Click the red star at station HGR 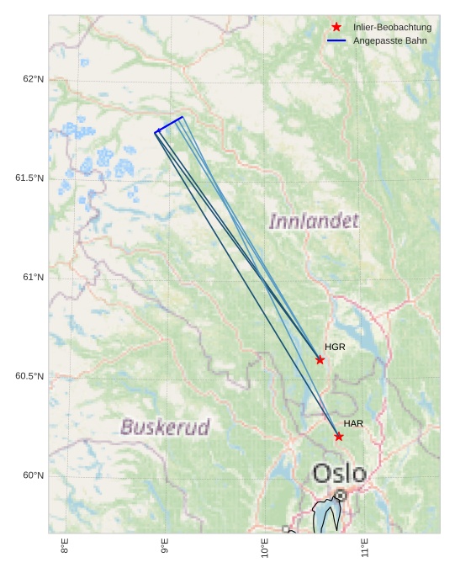[x=320, y=360]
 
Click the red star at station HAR [x=338, y=436]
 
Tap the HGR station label [x=335, y=347]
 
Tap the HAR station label [x=353, y=423]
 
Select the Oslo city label [x=340, y=473]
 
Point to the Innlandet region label [x=314, y=221]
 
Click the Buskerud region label [x=165, y=427]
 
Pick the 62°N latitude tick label [x=33, y=79]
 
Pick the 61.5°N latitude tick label [x=29, y=178]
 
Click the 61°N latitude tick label [x=33, y=278]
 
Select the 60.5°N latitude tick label [x=29, y=376]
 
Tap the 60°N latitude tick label [x=33, y=475]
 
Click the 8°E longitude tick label [x=65, y=546]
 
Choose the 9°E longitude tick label [x=165, y=546]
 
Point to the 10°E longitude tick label [x=265, y=548]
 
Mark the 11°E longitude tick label [x=365, y=548]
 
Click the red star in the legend [x=336, y=27]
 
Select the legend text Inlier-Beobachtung [x=392, y=28]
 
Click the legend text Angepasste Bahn [x=395, y=40]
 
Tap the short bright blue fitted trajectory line [x=169, y=125]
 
